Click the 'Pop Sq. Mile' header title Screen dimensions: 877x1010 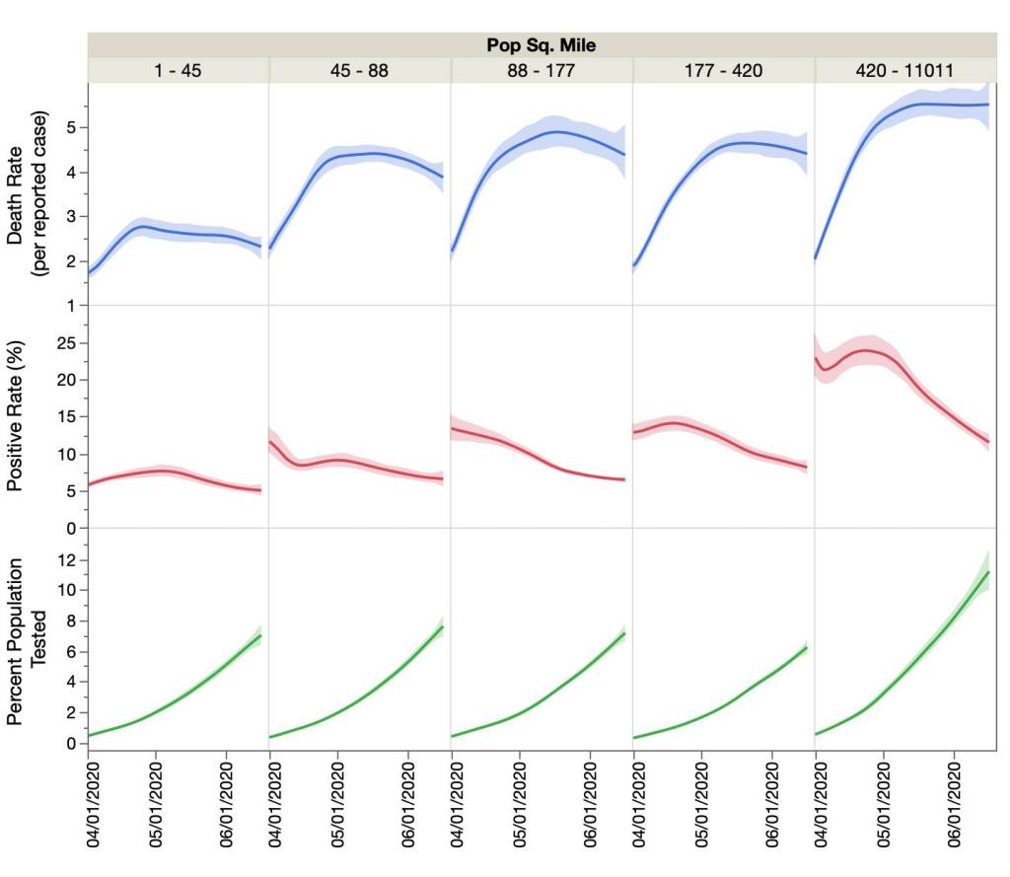click(541, 45)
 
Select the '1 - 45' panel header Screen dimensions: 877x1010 click(178, 70)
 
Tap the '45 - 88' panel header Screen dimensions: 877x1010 click(359, 70)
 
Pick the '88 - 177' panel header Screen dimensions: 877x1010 click(541, 70)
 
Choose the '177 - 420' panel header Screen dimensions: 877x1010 click(723, 70)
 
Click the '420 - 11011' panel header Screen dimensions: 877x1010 click(904, 70)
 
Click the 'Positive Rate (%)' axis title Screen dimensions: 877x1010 click(17, 416)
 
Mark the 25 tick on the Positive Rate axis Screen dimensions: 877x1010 click(70, 343)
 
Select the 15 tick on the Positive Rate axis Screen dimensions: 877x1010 click(70, 417)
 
